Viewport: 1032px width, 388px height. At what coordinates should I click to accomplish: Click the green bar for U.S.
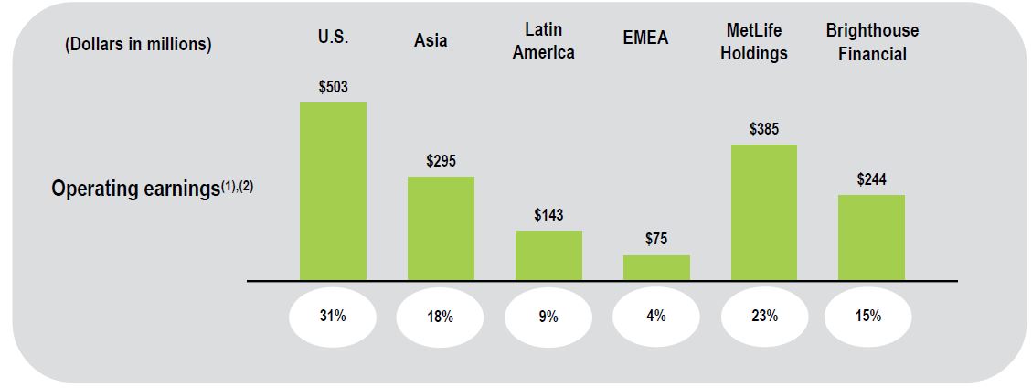pyautogui.click(x=333, y=191)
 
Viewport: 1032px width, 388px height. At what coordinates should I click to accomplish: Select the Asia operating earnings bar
pyautogui.click(x=441, y=228)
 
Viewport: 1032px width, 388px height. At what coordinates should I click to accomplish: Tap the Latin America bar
pyautogui.click(x=548, y=255)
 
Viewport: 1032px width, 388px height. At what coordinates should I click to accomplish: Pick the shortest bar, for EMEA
pyautogui.click(x=656, y=267)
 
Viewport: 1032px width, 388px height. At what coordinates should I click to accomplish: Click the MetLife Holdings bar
pyautogui.click(x=763, y=212)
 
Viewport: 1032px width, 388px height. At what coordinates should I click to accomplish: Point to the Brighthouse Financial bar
pyautogui.click(x=871, y=237)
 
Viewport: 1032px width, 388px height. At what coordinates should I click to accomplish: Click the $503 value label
pyautogui.click(x=333, y=87)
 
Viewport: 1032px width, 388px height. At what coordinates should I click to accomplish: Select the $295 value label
pyautogui.click(x=441, y=161)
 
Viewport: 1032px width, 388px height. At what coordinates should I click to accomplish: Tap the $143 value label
pyautogui.click(x=548, y=215)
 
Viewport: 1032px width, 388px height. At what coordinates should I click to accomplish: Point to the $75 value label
pyautogui.click(x=656, y=239)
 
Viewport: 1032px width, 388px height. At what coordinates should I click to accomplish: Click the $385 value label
pyautogui.click(x=763, y=129)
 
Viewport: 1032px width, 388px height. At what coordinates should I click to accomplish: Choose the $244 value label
pyautogui.click(x=871, y=179)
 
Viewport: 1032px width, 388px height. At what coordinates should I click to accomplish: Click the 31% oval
pyautogui.click(x=333, y=316)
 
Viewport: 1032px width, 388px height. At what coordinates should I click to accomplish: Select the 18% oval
pyautogui.click(x=441, y=317)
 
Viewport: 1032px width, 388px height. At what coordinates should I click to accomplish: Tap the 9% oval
pyautogui.click(x=548, y=317)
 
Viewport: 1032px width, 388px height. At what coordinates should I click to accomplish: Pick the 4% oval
pyautogui.click(x=656, y=316)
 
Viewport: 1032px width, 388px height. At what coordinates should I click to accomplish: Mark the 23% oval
pyautogui.click(x=763, y=316)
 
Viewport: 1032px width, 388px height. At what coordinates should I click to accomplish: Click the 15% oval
pyautogui.click(x=868, y=316)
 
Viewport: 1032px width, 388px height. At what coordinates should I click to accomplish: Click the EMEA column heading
pyautogui.click(x=645, y=38)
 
